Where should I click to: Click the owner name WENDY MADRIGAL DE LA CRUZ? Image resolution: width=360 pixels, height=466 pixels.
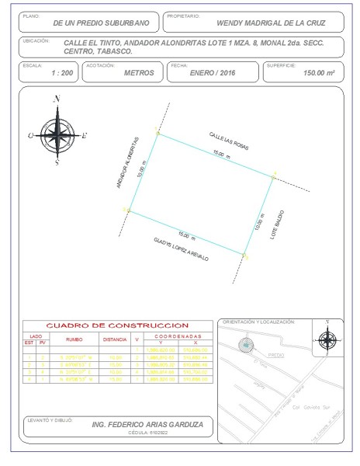pos(261,23)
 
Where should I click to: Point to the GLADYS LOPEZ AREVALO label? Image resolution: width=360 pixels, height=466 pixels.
pos(182,252)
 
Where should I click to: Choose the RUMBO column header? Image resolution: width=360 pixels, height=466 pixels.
pos(74,339)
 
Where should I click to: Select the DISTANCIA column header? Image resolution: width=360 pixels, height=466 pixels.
pos(114,339)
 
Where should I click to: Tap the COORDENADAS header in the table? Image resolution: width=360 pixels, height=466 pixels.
pos(177,336)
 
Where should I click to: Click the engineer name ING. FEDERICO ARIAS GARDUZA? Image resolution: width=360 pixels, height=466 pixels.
pos(147,425)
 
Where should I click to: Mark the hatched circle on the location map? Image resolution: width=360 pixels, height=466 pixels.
pos(245,345)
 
